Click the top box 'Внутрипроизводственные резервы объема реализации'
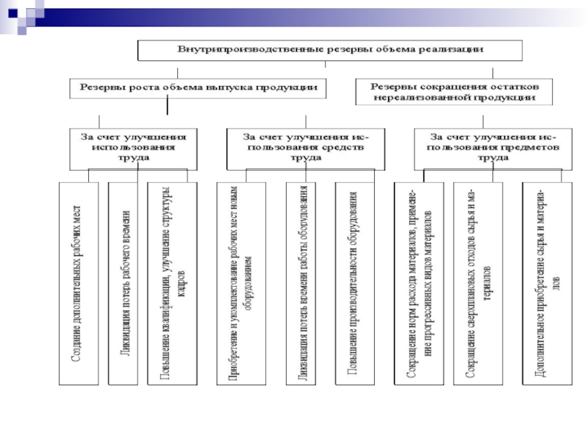330,49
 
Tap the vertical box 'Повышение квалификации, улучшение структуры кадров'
172,283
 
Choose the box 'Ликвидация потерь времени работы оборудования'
302,283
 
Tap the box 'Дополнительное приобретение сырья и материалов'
545,283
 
